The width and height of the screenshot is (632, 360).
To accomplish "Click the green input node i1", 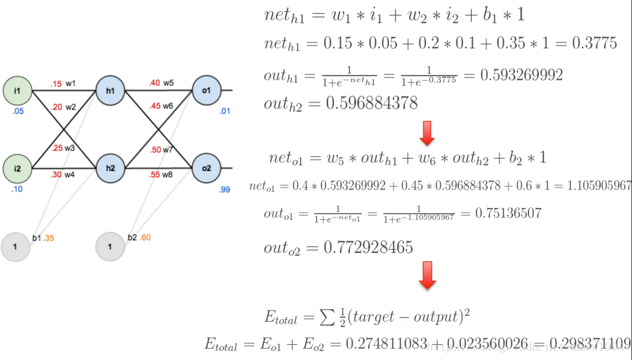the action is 17,90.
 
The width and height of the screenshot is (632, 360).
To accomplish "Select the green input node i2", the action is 17,169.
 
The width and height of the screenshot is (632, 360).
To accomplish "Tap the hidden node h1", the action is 110,90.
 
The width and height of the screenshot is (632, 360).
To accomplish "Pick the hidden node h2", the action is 110,168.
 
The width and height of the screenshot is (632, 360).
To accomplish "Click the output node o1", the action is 206,90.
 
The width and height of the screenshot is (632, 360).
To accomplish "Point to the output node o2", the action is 206,168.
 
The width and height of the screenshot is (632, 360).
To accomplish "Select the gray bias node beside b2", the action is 110,247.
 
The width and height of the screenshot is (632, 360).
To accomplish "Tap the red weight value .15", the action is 55,84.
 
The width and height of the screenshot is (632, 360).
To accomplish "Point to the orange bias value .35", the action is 49,238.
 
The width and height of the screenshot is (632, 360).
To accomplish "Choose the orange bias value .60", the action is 145,238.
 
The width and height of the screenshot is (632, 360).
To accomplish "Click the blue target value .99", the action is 225,190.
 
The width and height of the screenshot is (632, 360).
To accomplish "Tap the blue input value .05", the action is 18,111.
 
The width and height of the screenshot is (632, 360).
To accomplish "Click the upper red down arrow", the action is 427,133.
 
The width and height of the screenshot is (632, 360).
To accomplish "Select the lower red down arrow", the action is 427,275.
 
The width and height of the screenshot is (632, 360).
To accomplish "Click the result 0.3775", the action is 594,44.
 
